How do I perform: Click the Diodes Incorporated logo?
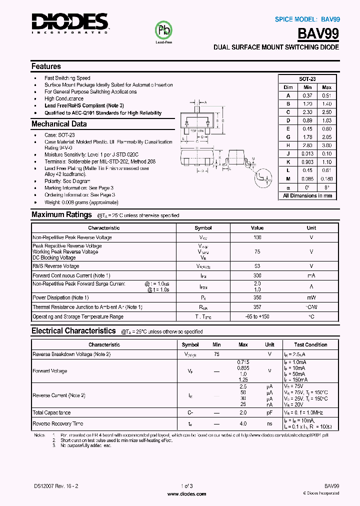[69, 23]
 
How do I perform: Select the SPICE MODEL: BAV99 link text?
[307, 19]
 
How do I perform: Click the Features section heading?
[46, 66]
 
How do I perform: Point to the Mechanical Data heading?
[59, 124]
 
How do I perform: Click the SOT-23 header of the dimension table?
[307, 79]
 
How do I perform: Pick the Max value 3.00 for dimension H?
[326, 145]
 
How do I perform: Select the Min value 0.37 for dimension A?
[307, 95]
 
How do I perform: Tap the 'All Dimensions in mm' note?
[307, 195]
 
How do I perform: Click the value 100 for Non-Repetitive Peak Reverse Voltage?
[257, 237]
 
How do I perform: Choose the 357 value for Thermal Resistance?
[257, 307]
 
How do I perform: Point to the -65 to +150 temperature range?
[257, 317]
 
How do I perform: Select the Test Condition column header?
[310, 344]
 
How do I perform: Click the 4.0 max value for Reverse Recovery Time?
[243, 423]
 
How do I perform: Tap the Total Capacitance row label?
[51, 412]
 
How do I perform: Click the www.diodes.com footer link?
[186, 493]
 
